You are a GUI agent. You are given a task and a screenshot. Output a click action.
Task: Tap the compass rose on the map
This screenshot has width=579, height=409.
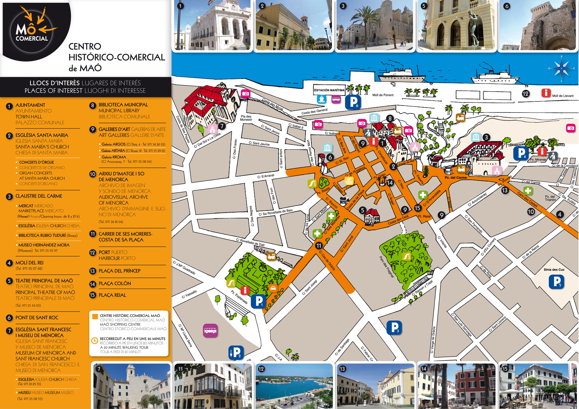coord(561,69)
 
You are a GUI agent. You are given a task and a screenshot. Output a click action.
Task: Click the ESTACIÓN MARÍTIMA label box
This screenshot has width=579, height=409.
coord(329,90)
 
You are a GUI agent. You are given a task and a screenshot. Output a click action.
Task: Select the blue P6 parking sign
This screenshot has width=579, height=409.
coord(353,102)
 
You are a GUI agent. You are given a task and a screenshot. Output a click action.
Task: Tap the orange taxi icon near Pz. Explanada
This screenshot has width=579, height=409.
coord(273,288)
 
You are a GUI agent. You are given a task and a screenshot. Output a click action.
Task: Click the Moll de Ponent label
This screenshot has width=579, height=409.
coord(383,95)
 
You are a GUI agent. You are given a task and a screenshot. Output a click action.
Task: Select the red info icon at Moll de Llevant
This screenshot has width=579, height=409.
coord(546,93)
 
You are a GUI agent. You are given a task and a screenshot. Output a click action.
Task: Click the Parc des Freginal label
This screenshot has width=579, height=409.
coord(387,267)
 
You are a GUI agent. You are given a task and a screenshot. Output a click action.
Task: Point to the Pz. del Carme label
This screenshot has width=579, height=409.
coord(456,178)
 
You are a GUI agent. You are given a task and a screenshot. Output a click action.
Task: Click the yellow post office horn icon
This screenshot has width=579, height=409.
coord(349,181)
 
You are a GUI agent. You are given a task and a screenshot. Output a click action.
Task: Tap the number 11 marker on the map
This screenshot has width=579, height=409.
coord(319,246)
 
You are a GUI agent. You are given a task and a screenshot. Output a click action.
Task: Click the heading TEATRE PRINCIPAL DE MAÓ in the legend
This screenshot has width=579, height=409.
coord(44,281)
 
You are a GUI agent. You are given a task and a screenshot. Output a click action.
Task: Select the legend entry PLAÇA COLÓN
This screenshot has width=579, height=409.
coord(115,284)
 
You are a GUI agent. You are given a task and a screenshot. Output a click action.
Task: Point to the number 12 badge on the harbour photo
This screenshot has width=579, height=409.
coord(261,369)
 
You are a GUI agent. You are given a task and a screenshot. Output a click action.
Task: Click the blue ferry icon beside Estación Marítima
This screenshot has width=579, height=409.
coord(321,99)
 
